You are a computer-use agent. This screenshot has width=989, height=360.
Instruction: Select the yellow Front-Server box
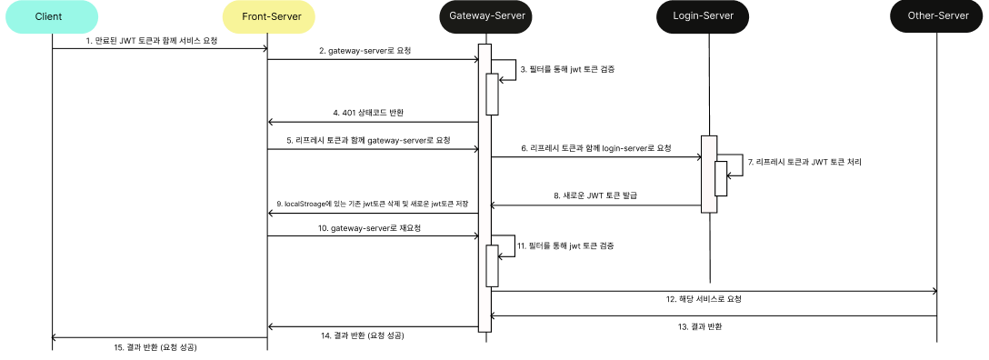coord(268,16)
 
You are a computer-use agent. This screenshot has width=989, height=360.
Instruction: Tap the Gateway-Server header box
coord(486,16)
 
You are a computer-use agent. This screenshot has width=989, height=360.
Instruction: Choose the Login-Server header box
coord(707,16)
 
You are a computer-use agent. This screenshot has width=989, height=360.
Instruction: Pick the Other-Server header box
coord(936,16)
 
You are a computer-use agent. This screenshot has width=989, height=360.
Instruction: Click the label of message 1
coord(152,41)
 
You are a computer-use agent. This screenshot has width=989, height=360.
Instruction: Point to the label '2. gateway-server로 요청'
coord(365,51)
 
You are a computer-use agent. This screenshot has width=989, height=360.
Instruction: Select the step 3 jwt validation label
coord(566,69)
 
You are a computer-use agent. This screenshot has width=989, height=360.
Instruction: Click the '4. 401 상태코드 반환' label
coord(368,113)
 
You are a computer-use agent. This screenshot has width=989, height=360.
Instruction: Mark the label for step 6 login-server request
coord(596,147)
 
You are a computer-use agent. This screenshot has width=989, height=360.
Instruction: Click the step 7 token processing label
coord(804,162)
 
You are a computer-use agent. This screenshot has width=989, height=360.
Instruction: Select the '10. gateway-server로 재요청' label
coord(369,227)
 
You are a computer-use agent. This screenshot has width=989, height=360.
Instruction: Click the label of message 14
coord(363,335)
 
